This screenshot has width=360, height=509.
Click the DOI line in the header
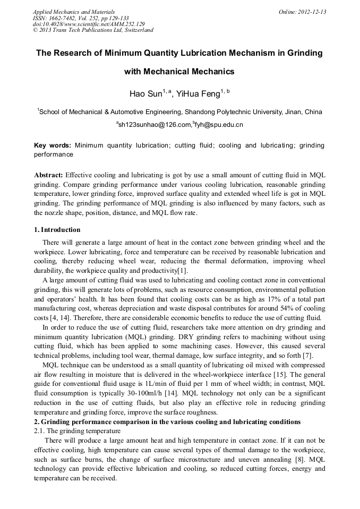click(x=89, y=24)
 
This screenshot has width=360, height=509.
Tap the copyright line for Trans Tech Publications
click(x=93, y=30)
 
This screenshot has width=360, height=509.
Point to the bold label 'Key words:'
click(x=52, y=145)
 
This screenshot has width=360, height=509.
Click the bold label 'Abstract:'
click(x=48, y=175)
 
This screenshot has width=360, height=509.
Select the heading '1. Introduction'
click(x=57, y=230)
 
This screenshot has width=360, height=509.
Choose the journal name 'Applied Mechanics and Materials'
click(x=73, y=12)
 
